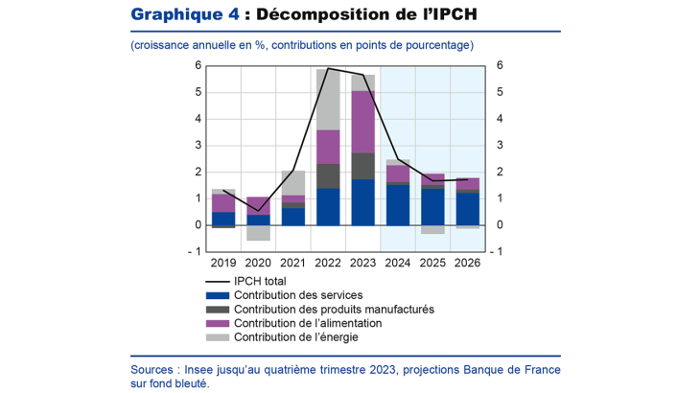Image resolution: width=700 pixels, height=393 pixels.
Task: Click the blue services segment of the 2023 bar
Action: tap(362, 202)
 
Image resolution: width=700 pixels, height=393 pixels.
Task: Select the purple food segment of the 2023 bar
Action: tap(362, 122)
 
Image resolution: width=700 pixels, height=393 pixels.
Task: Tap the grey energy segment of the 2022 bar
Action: tap(328, 99)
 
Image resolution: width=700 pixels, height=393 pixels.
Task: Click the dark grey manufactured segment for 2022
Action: tap(328, 176)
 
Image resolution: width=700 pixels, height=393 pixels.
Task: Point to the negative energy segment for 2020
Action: tap(258, 233)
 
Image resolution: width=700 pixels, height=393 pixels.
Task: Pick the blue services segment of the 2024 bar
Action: tap(397, 205)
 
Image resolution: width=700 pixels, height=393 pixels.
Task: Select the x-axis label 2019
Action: tap(223, 263)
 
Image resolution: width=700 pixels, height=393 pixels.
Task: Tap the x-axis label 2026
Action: tap(467, 263)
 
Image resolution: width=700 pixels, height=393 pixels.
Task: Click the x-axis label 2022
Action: tap(328, 263)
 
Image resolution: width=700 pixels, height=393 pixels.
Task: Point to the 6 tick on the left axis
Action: tap(198, 65)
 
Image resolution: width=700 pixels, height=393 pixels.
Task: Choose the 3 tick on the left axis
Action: tap(198, 146)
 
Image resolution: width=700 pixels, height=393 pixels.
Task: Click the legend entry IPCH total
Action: tap(262, 281)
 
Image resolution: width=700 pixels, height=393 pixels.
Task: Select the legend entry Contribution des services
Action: tap(298, 295)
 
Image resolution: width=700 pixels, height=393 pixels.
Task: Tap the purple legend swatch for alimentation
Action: tap(217, 323)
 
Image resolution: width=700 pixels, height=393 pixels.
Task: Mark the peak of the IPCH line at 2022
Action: tap(328, 68)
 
